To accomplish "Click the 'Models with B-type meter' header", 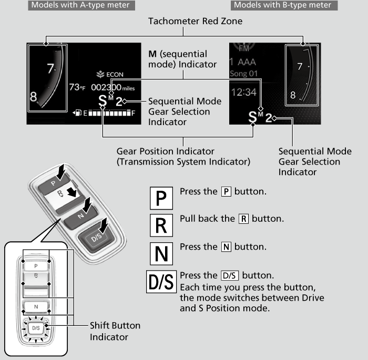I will tap(283, 5).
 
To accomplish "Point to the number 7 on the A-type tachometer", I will tap(50, 68).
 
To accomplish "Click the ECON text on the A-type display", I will tap(111, 75).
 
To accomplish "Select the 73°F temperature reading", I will tap(77, 87).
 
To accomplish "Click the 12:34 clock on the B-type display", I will tap(244, 92).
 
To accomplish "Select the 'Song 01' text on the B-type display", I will tap(243, 74).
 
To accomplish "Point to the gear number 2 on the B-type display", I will tap(269, 117).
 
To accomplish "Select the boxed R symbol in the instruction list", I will tap(161, 224).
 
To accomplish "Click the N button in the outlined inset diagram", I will tap(36, 306).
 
